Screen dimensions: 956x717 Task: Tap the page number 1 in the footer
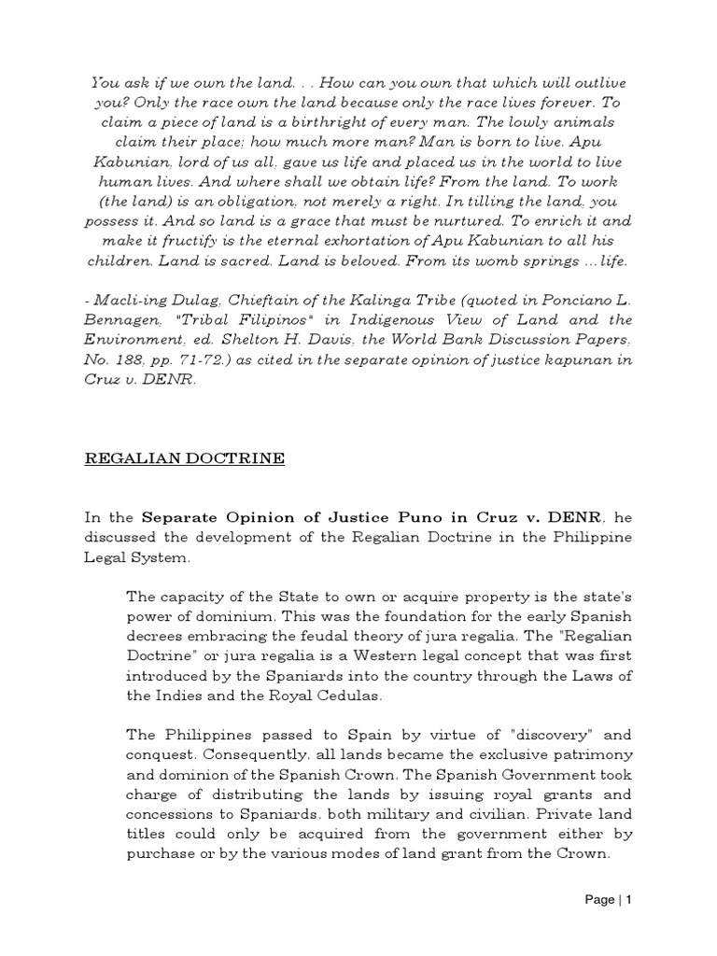pyautogui.click(x=629, y=900)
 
